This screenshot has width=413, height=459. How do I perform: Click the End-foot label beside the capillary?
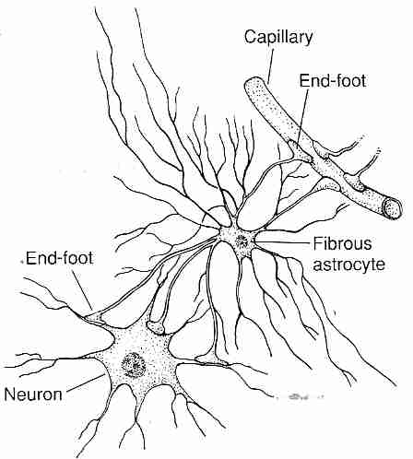click(333, 80)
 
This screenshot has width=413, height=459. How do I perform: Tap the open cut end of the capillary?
click(394, 208)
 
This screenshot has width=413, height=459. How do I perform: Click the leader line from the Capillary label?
click(268, 64)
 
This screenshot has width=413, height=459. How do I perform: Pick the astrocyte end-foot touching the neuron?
click(94, 317)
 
